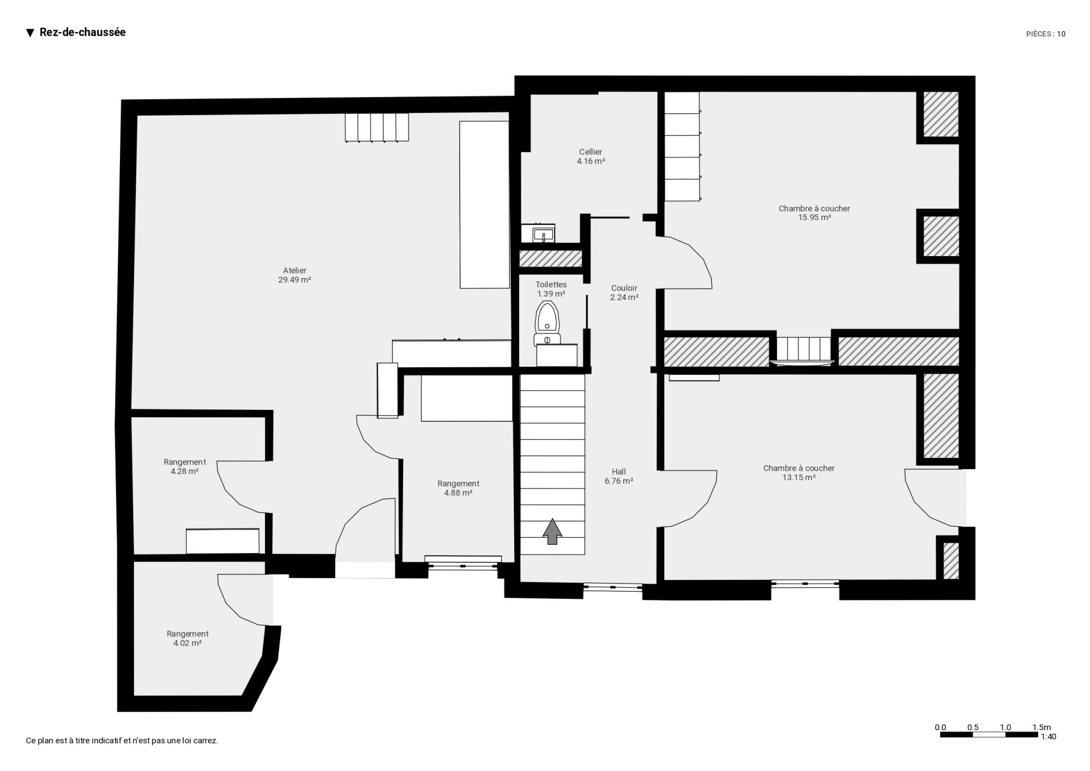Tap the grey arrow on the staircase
click(552, 531)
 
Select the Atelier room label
click(294, 270)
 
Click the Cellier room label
click(591, 152)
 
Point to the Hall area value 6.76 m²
click(619, 481)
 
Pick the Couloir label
click(624, 288)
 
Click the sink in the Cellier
click(538, 233)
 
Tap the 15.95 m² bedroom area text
click(814, 217)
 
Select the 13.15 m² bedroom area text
click(799, 477)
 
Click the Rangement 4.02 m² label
click(188, 639)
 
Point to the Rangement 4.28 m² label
click(184, 467)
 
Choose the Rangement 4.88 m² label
click(458, 488)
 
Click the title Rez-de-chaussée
click(83, 32)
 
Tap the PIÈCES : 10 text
click(1046, 34)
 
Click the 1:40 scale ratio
click(1049, 737)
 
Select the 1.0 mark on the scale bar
click(1005, 727)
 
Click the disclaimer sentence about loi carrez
click(122, 740)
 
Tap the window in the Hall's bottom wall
click(613, 587)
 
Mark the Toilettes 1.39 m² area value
click(551, 294)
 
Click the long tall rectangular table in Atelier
click(485, 204)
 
